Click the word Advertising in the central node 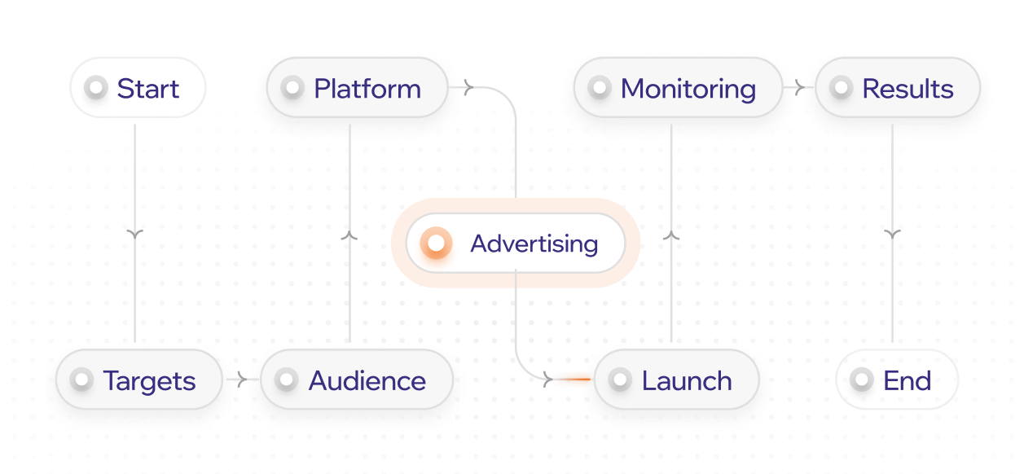pos(534,244)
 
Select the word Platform pos(367,89)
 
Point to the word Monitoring pos(688,89)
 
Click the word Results pos(908,89)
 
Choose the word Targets pos(149,381)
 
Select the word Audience pos(367,381)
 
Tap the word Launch pos(686,381)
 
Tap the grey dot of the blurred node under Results pos(859,381)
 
